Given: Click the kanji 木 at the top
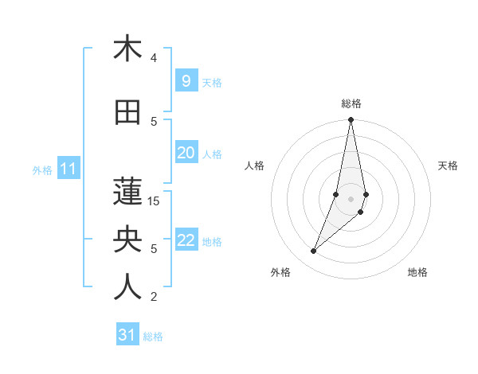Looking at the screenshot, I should pos(127,49).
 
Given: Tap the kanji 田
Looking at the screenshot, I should pos(127,112).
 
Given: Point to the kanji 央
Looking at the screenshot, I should pos(127,240).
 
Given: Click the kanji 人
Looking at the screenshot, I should pos(127,287).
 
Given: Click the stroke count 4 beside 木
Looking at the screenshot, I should pos(154,58).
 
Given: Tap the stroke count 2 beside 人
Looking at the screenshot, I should pos(154,297).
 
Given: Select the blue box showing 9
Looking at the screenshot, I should pos(186,81).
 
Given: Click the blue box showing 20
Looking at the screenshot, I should pos(186,153).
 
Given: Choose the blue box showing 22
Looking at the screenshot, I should pos(186,240).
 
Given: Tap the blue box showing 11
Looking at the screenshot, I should pos(69,169).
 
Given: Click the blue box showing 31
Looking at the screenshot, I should pos(127,335).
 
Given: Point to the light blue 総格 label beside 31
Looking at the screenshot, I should pos(153,337).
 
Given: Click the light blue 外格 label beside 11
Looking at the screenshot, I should pos(42,169).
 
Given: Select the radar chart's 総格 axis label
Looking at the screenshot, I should pos(351,103).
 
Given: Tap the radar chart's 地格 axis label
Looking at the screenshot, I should pos(417,272).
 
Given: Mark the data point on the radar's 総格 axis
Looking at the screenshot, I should pos(351,120).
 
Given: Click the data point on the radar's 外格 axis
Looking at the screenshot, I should pos(313,251).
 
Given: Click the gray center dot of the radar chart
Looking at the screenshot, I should pos(351,198).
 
